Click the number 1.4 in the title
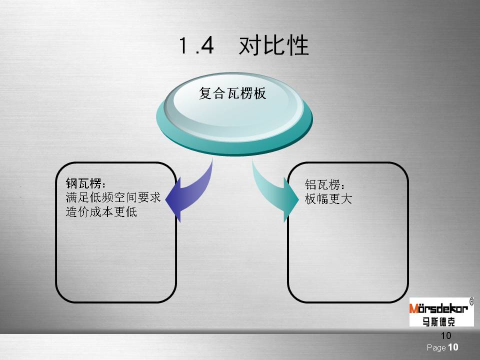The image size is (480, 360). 196,45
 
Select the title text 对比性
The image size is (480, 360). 273,45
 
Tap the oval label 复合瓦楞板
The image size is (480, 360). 232,93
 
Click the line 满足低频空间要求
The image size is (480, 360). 113,197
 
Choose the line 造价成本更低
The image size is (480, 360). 101,212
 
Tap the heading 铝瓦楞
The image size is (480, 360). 324,185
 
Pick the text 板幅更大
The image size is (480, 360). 328,199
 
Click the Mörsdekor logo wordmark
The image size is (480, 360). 438,308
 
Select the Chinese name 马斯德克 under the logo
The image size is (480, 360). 438,321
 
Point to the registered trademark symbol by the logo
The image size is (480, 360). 471,301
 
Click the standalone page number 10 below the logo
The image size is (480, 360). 446,336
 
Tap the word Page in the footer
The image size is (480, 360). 436,348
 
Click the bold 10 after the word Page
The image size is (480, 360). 453,347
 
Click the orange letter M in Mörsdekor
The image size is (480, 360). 414,308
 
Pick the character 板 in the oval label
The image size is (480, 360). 259,93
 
